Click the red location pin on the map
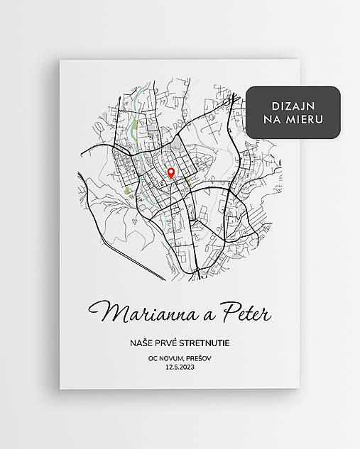pyautogui.click(x=170, y=172)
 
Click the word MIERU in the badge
pyautogui.click(x=307, y=119)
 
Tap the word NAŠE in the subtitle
pyautogui.click(x=142, y=344)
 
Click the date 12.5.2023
pyautogui.click(x=180, y=369)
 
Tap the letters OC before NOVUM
pyautogui.click(x=153, y=359)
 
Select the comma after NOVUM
pyautogui.click(x=188, y=360)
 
